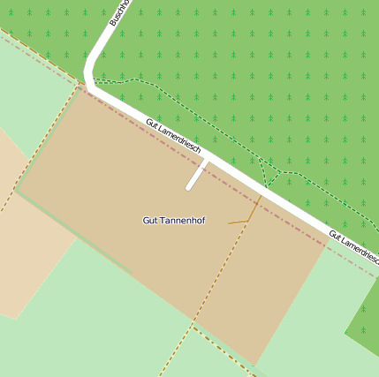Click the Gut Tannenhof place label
(x=173, y=220)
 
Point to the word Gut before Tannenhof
(x=150, y=220)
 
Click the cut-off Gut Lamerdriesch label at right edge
(x=353, y=246)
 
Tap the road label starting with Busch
(x=119, y=12)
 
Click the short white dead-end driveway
(x=197, y=176)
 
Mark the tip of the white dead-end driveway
(x=189, y=187)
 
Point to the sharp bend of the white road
(x=89, y=80)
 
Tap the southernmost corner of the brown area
(x=255, y=365)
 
